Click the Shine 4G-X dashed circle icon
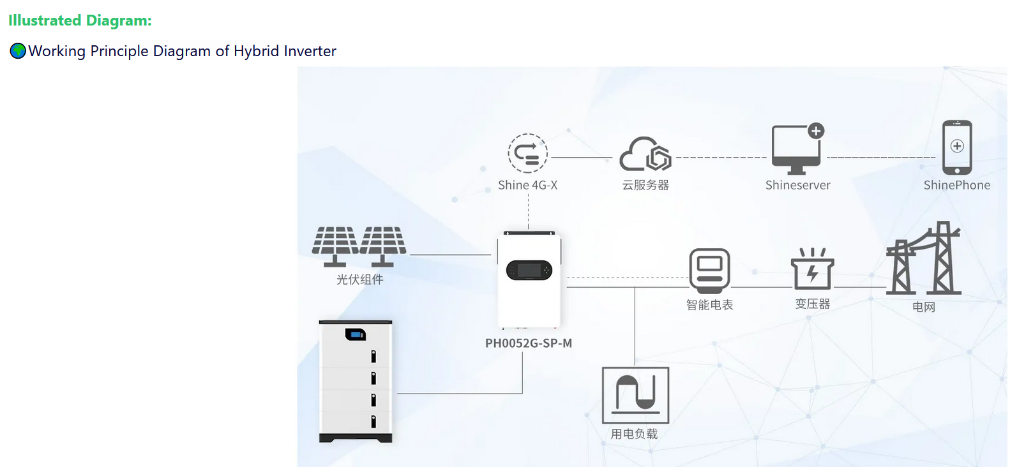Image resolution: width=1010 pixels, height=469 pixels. [527, 153]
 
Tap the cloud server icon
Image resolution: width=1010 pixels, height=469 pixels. [645, 154]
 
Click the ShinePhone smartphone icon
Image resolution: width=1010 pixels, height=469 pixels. [957, 147]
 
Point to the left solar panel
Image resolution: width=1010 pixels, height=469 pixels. [335, 245]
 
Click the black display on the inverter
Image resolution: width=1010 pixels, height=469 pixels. [529, 271]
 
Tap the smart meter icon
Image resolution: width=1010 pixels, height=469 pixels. [709, 271]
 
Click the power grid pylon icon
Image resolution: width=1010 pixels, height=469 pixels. [924, 258]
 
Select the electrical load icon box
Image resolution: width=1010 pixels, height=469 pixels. [635, 395]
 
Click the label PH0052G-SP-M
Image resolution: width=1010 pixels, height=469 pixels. [529, 343]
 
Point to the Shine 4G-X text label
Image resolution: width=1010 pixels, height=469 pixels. [527, 186]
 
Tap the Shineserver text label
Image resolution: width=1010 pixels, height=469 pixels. [797, 186]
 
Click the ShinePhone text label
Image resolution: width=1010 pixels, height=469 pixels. [956, 186]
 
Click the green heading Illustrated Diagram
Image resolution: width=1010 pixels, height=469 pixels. [80, 20]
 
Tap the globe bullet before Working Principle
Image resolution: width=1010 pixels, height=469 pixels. [18, 51]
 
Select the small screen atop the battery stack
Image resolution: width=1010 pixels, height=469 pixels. [356, 334]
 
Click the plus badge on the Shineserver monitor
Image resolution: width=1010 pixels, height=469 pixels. [816, 131]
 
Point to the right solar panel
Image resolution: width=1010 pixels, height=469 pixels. [383, 245]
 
